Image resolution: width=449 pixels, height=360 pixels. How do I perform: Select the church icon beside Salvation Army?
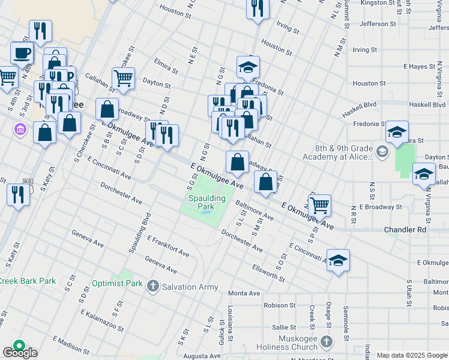(153, 286)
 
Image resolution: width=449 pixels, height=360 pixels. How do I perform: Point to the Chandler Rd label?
(405, 230)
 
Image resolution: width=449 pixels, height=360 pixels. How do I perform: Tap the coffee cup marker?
(22, 53)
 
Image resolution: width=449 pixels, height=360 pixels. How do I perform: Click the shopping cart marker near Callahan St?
(123, 78)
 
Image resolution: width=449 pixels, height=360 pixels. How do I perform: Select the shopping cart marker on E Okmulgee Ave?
(319, 205)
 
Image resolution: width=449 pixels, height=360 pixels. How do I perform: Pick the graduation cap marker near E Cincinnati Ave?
(338, 260)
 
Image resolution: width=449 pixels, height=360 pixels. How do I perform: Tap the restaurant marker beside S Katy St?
(19, 194)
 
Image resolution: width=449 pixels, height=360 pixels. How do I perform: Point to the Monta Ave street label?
(244, 293)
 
